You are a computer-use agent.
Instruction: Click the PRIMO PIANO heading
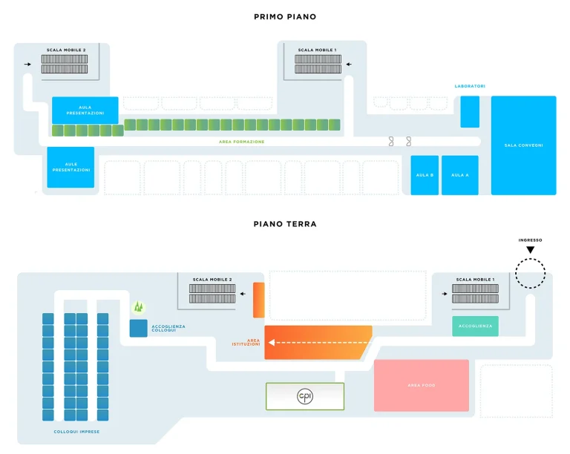tap(284, 16)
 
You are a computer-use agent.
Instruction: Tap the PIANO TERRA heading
tap(284, 223)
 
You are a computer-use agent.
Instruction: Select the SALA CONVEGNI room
tap(523, 145)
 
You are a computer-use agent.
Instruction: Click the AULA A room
tap(459, 175)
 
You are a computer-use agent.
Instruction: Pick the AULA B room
tap(425, 175)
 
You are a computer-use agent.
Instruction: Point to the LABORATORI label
tap(470, 86)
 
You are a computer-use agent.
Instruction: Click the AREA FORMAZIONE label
tap(241, 142)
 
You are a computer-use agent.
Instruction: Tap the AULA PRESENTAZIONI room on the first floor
tap(85, 110)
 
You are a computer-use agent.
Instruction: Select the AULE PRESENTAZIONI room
tap(71, 167)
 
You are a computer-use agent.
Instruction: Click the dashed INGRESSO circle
tap(530, 274)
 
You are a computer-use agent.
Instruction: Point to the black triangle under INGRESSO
tap(530, 250)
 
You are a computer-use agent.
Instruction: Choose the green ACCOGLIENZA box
tap(475, 326)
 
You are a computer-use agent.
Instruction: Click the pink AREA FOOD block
tap(421, 385)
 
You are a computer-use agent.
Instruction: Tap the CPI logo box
tap(305, 396)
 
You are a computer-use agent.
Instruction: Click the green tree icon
tap(138, 306)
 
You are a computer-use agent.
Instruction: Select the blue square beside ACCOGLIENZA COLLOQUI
tap(138, 328)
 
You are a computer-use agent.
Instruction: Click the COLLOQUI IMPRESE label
tap(76, 432)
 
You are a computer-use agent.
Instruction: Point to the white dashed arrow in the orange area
tap(319, 343)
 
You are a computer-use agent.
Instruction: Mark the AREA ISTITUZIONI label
tap(246, 342)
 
